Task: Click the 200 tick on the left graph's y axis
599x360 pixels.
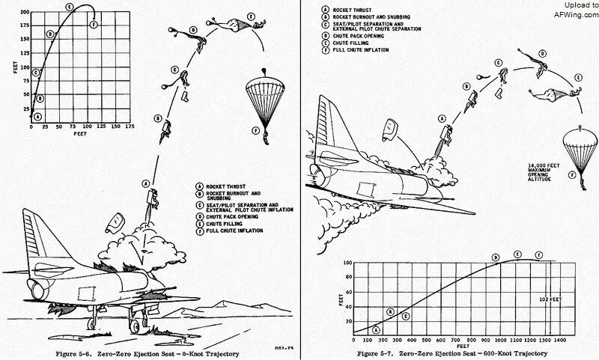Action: (x=25, y=13)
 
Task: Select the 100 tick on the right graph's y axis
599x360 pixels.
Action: (x=347, y=263)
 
